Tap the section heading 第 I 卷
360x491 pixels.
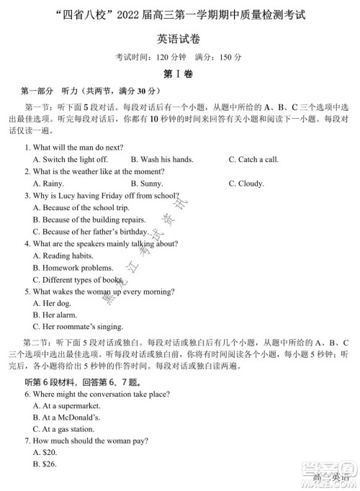(x=180, y=73)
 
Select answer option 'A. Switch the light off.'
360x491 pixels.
(x=71, y=159)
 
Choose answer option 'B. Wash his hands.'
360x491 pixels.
(x=162, y=159)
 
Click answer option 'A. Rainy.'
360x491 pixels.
(x=49, y=184)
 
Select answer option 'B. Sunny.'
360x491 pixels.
(x=149, y=184)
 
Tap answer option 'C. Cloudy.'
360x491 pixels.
(x=246, y=184)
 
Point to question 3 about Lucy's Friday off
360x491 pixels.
(x=101, y=195)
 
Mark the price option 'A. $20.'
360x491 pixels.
(x=45, y=453)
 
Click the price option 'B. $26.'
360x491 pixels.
(x=45, y=465)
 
